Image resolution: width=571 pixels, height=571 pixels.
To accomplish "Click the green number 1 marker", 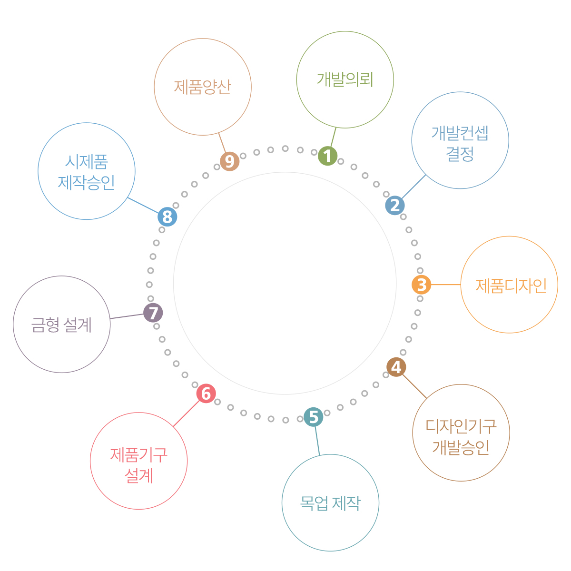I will pyautogui.click(x=327, y=156).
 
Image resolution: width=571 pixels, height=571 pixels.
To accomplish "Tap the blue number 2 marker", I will pyautogui.click(x=395, y=206).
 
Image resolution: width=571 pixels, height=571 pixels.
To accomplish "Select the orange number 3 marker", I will pyautogui.click(x=421, y=285).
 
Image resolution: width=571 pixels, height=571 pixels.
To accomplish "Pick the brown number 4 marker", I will pyautogui.click(x=396, y=367).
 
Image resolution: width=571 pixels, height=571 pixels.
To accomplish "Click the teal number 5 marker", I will pyautogui.click(x=313, y=417).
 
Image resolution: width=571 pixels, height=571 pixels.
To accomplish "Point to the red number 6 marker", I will pyautogui.click(x=206, y=394).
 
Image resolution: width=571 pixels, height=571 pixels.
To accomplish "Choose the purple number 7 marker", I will pyautogui.click(x=153, y=313).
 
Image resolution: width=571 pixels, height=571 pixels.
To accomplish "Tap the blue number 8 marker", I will pyautogui.click(x=167, y=217).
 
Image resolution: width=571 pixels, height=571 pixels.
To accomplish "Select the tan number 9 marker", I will pyautogui.click(x=230, y=162).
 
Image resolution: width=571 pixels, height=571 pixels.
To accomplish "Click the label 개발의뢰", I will pyautogui.click(x=345, y=79).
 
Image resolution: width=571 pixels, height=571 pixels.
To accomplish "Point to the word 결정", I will pyautogui.click(x=460, y=154).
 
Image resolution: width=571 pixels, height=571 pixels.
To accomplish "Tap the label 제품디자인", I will pyautogui.click(x=511, y=285).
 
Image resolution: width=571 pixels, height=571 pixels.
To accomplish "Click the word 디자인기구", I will pyautogui.click(x=461, y=426).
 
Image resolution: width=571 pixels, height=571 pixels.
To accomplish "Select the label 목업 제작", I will pyautogui.click(x=330, y=503).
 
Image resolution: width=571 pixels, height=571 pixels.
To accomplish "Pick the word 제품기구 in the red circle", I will pyautogui.click(x=138, y=455).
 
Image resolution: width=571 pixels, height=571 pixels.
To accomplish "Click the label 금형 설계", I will pyautogui.click(x=61, y=325).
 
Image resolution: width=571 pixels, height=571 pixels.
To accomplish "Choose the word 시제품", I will pyautogui.click(x=87, y=162).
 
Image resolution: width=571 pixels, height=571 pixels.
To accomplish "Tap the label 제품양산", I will pyautogui.click(x=202, y=87).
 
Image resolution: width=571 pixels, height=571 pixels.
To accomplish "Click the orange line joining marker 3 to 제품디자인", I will pyautogui.click(x=446, y=285).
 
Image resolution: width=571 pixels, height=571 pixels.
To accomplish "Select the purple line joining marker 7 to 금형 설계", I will pyautogui.click(x=127, y=316).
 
